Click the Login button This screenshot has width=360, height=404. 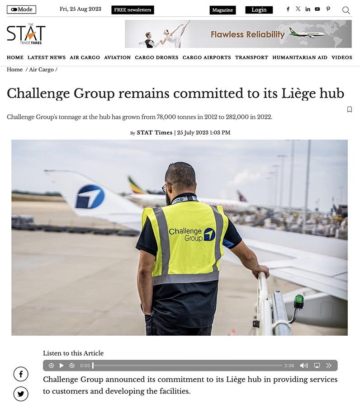coord(259,10)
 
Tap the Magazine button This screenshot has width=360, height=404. coord(223,10)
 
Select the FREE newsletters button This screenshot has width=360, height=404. coord(133,10)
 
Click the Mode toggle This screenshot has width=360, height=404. coord(21,9)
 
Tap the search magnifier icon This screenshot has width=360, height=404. coord(346,10)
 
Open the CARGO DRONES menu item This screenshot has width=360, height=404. coord(156,57)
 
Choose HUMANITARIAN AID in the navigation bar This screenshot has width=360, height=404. coord(299,57)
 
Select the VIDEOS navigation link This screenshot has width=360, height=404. coord(341,57)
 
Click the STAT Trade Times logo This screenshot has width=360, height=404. coord(26,34)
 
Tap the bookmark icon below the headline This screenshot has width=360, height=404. coord(349,109)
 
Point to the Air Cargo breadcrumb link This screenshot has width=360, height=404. coord(41,70)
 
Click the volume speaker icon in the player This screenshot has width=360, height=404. coord(304,365)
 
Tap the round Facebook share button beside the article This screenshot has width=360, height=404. coord(21,374)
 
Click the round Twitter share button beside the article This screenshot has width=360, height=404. coord(21,394)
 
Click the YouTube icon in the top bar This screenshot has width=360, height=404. coord(317,9)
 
